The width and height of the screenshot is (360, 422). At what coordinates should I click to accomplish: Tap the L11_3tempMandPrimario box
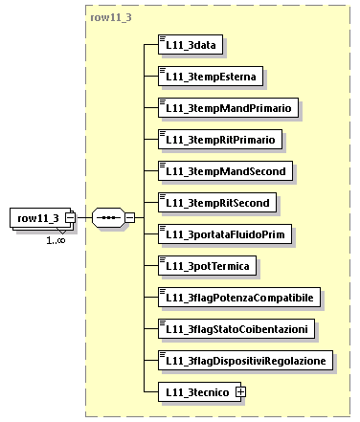coord(229,108)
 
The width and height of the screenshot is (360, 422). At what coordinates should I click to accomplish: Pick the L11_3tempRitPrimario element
coord(221,140)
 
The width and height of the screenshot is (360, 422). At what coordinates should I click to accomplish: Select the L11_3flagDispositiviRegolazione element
coord(246,361)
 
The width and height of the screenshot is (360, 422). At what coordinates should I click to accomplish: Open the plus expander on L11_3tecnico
coord(240,392)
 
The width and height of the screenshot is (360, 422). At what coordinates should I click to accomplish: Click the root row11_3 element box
coord(37,219)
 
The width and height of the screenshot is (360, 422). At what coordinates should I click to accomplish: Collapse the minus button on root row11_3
coord(70,219)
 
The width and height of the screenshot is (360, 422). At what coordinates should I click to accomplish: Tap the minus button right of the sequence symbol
coord(129,219)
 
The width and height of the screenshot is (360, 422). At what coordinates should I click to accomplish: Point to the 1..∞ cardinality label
coord(56,240)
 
